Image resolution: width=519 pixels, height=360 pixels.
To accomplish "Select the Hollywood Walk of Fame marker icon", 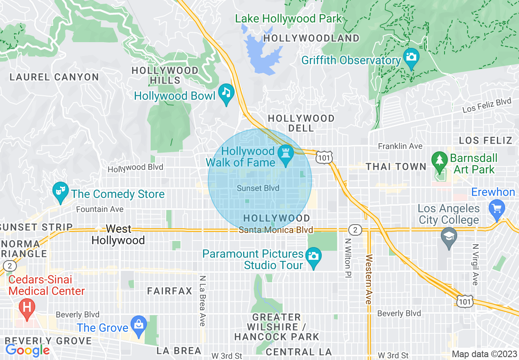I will coord(285,154).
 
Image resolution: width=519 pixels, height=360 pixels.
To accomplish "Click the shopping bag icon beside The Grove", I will coord(139,325).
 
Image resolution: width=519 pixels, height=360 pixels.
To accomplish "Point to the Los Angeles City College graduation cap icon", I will coord(449,237).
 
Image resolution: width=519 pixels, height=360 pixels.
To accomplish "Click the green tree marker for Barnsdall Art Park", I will coord(440,160).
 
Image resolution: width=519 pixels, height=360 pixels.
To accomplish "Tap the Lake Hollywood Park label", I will coord(288,18).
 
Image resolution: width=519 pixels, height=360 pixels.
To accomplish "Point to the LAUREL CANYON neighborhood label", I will coord(54,77).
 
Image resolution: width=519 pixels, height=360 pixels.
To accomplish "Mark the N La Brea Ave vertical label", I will coord(202,301).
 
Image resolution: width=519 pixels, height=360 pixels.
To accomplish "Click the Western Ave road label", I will coord(369,279).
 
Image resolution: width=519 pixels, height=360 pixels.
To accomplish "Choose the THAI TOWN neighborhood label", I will coord(396,166).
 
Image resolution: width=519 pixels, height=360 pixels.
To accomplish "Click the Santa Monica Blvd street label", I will coord(276,230).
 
